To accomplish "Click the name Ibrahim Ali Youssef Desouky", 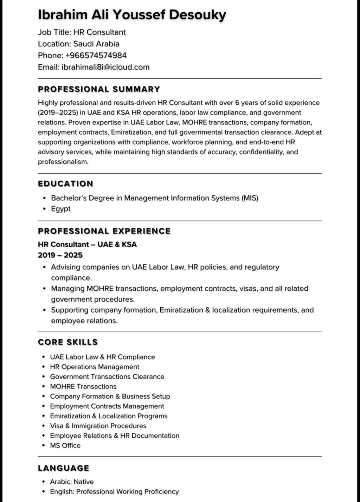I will click(x=132, y=15).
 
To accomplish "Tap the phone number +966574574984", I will click(x=96, y=56).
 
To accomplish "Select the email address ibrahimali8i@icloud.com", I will click(x=105, y=67).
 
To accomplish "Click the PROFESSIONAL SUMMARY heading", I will click(x=99, y=89).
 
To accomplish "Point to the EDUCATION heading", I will click(x=65, y=184).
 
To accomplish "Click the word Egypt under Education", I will click(x=61, y=209).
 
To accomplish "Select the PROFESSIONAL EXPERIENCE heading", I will click(x=104, y=231).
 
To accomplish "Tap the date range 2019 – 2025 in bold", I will click(x=60, y=255).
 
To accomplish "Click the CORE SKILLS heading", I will click(x=68, y=342).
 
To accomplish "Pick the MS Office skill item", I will click(x=65, y=446).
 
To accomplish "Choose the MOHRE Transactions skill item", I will click(x=83, y=387).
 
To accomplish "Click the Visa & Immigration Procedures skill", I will click(x=98, y=426).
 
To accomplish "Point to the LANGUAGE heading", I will click(x=64, y=469).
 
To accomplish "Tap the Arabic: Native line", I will click(x=72, y=482).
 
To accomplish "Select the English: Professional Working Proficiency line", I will click(x=114, y=492).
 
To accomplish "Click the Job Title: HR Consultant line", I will click(x=82, y=32).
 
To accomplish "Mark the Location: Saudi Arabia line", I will click(x=78, y=44).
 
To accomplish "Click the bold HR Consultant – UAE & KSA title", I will click(x=87, y=244).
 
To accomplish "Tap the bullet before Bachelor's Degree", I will click(x=44, y=198).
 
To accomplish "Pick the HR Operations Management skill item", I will click(x=95, y=367).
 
